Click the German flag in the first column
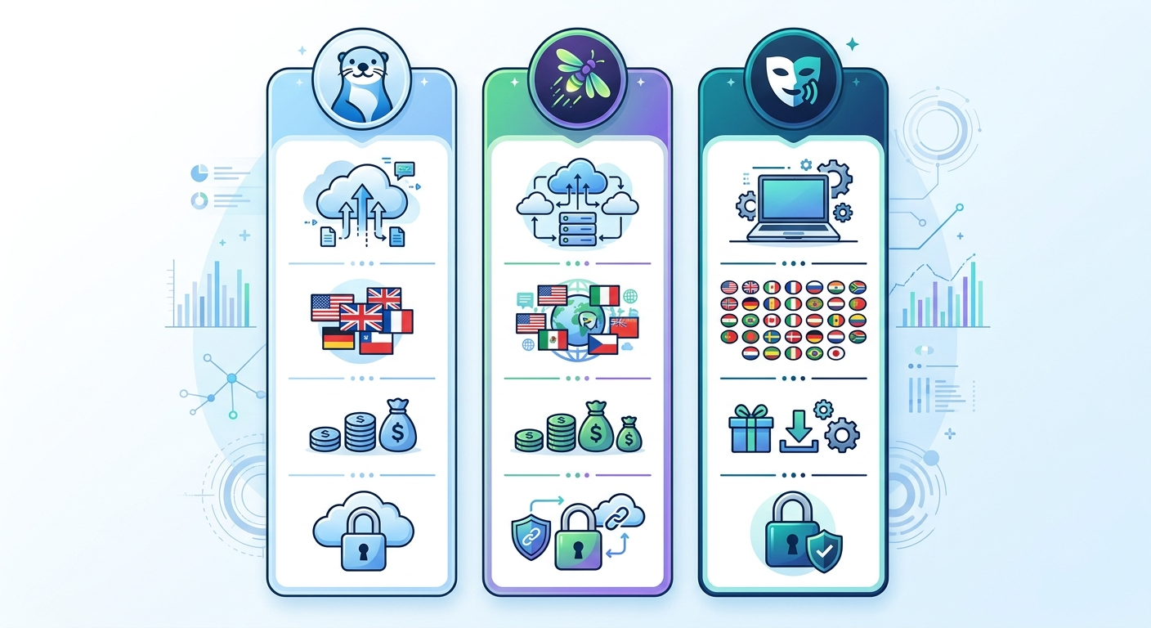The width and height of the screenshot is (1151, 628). click(338, 338)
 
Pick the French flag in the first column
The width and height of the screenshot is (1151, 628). click(397, 321)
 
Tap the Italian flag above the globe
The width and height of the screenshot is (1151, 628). click(605, 295)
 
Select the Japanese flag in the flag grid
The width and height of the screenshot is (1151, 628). click(835, 354)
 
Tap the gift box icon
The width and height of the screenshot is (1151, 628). click(750, 430)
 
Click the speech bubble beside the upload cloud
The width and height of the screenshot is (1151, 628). click(404, 170)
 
